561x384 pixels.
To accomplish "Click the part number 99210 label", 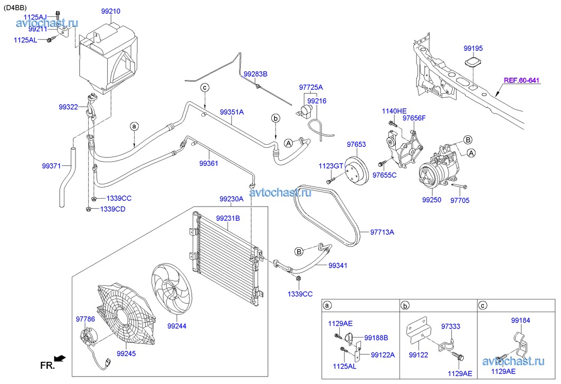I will click(111, 11).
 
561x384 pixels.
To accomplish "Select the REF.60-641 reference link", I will click(521, 81).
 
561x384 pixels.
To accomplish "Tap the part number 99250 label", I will click(432, 201).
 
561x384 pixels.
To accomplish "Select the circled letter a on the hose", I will click(134, 126).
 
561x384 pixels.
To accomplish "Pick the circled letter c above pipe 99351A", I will click(205, 87).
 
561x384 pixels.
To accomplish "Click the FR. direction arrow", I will click(60, 359).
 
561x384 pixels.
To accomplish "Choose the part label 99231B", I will click(227, 218).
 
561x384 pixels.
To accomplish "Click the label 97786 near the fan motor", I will click(85, 319).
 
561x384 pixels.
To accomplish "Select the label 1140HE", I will click(394, 111).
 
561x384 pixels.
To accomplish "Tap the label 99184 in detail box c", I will click(520, 320).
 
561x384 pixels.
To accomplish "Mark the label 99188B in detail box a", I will click(376, 338).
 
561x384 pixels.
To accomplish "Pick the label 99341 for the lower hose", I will click(338, 265).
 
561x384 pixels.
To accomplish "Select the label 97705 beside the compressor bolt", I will click(460, 201).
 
